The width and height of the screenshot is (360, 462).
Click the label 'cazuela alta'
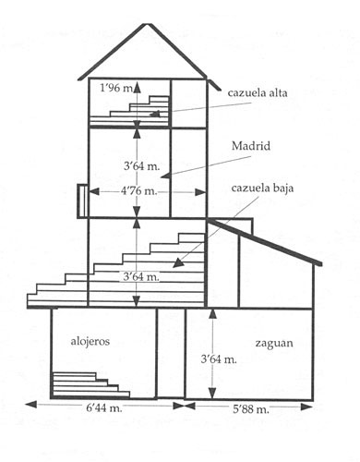coord(258,93)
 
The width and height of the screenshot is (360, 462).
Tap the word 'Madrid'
coord(251,146)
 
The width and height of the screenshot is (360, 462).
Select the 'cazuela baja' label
coord(262,188)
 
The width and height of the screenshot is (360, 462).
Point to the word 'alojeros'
coord(90,341)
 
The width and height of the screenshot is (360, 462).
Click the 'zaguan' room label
coord(274,344)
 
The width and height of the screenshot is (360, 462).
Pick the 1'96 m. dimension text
coord(116,89)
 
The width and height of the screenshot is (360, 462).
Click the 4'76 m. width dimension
coord(138,191)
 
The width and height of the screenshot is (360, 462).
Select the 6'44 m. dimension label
coord(104,408)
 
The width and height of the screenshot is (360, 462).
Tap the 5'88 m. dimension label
coord(251,409)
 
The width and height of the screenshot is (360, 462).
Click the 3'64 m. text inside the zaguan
coord(219,359)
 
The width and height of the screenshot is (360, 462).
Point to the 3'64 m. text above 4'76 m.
coord(142,166)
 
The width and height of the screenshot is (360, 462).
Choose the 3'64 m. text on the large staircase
coord(141,276)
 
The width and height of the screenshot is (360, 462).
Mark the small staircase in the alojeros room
coord(91,385)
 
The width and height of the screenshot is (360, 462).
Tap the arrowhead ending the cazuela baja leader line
coord(178,263)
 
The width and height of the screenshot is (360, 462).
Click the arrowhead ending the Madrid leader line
coord(165,176)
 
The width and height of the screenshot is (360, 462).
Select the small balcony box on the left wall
coord(82,201)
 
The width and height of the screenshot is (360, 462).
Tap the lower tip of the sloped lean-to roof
coord(321,264)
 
